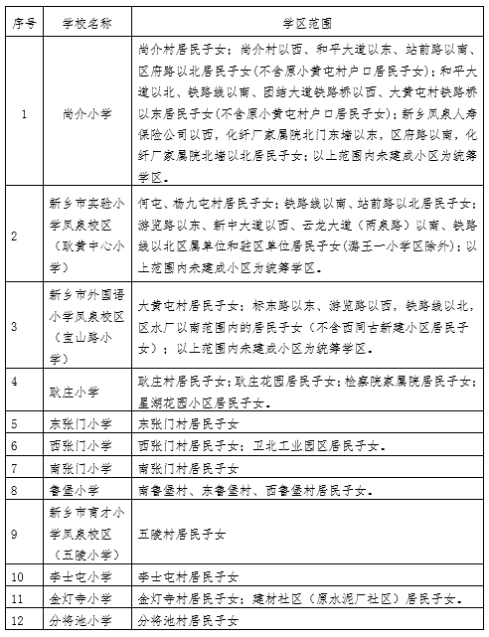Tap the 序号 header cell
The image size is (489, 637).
click(x=23, y=21)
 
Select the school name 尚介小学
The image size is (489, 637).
click(x=81, y=112)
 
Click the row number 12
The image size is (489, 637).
click(x=16, y=620)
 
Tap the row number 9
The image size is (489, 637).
click(x=13, y=534)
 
